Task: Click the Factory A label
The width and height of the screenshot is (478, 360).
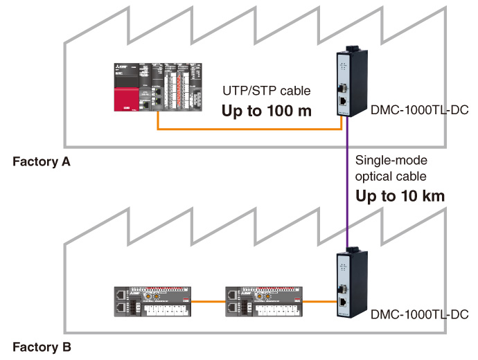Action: pyautogui.click(x=42, y=163)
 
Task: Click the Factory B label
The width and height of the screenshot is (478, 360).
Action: pyautogui.click(x=42, y=346)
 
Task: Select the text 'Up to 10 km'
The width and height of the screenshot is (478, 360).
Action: pyautogui.click(x=400, y=196)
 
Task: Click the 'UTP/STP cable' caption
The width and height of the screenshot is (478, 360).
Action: pyautogui.click(x=267, y=91)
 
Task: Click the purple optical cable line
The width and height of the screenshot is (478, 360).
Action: pyautogui.click(x=346, y=187)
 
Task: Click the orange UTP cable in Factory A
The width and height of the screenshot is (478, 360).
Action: pyautogui.click(x=242, y=129)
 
